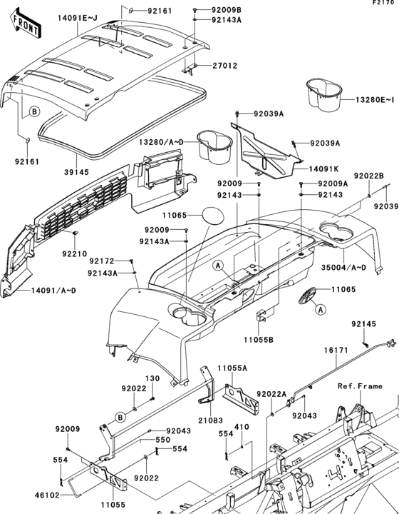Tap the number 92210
pos(73,253)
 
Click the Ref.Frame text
pos(360,385)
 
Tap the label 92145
pos(364,324)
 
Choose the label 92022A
pos(271,393)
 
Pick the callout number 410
pos(242,427)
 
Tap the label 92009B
pos(226,10)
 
